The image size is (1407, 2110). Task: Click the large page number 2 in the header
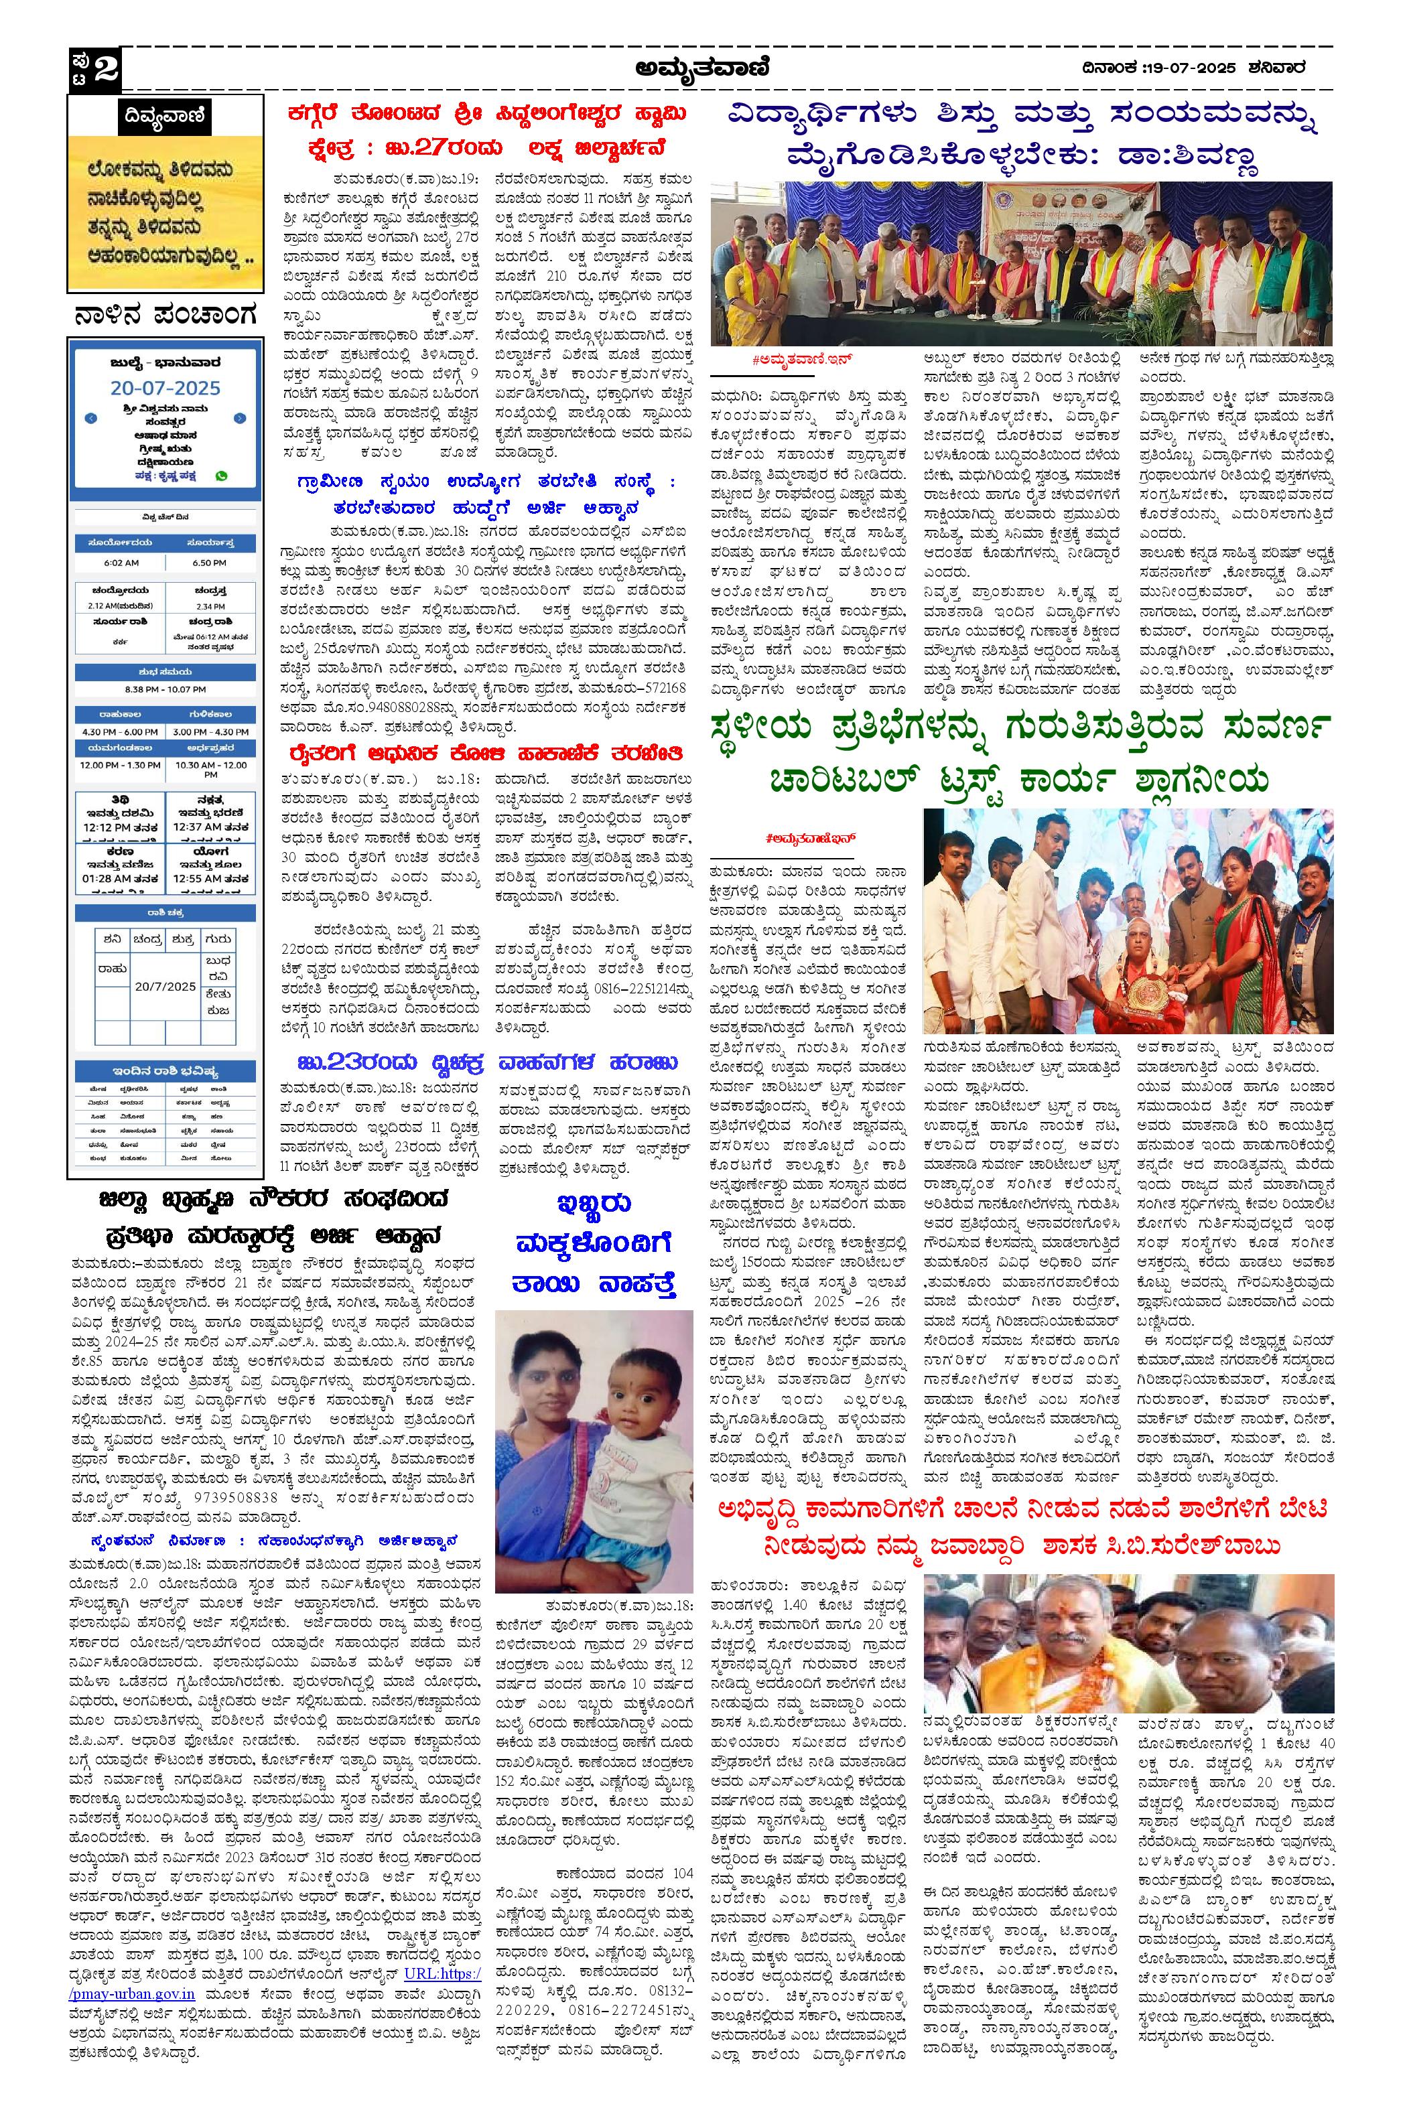coord(107,69)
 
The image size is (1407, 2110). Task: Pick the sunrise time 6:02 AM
coord(120,563)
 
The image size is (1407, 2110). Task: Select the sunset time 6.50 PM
coord(209,563)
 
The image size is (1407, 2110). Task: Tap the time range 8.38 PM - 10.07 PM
coord(165,689)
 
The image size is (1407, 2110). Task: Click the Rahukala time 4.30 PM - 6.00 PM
coord(119,732)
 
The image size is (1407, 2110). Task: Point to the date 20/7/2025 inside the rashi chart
coord(165,986)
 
